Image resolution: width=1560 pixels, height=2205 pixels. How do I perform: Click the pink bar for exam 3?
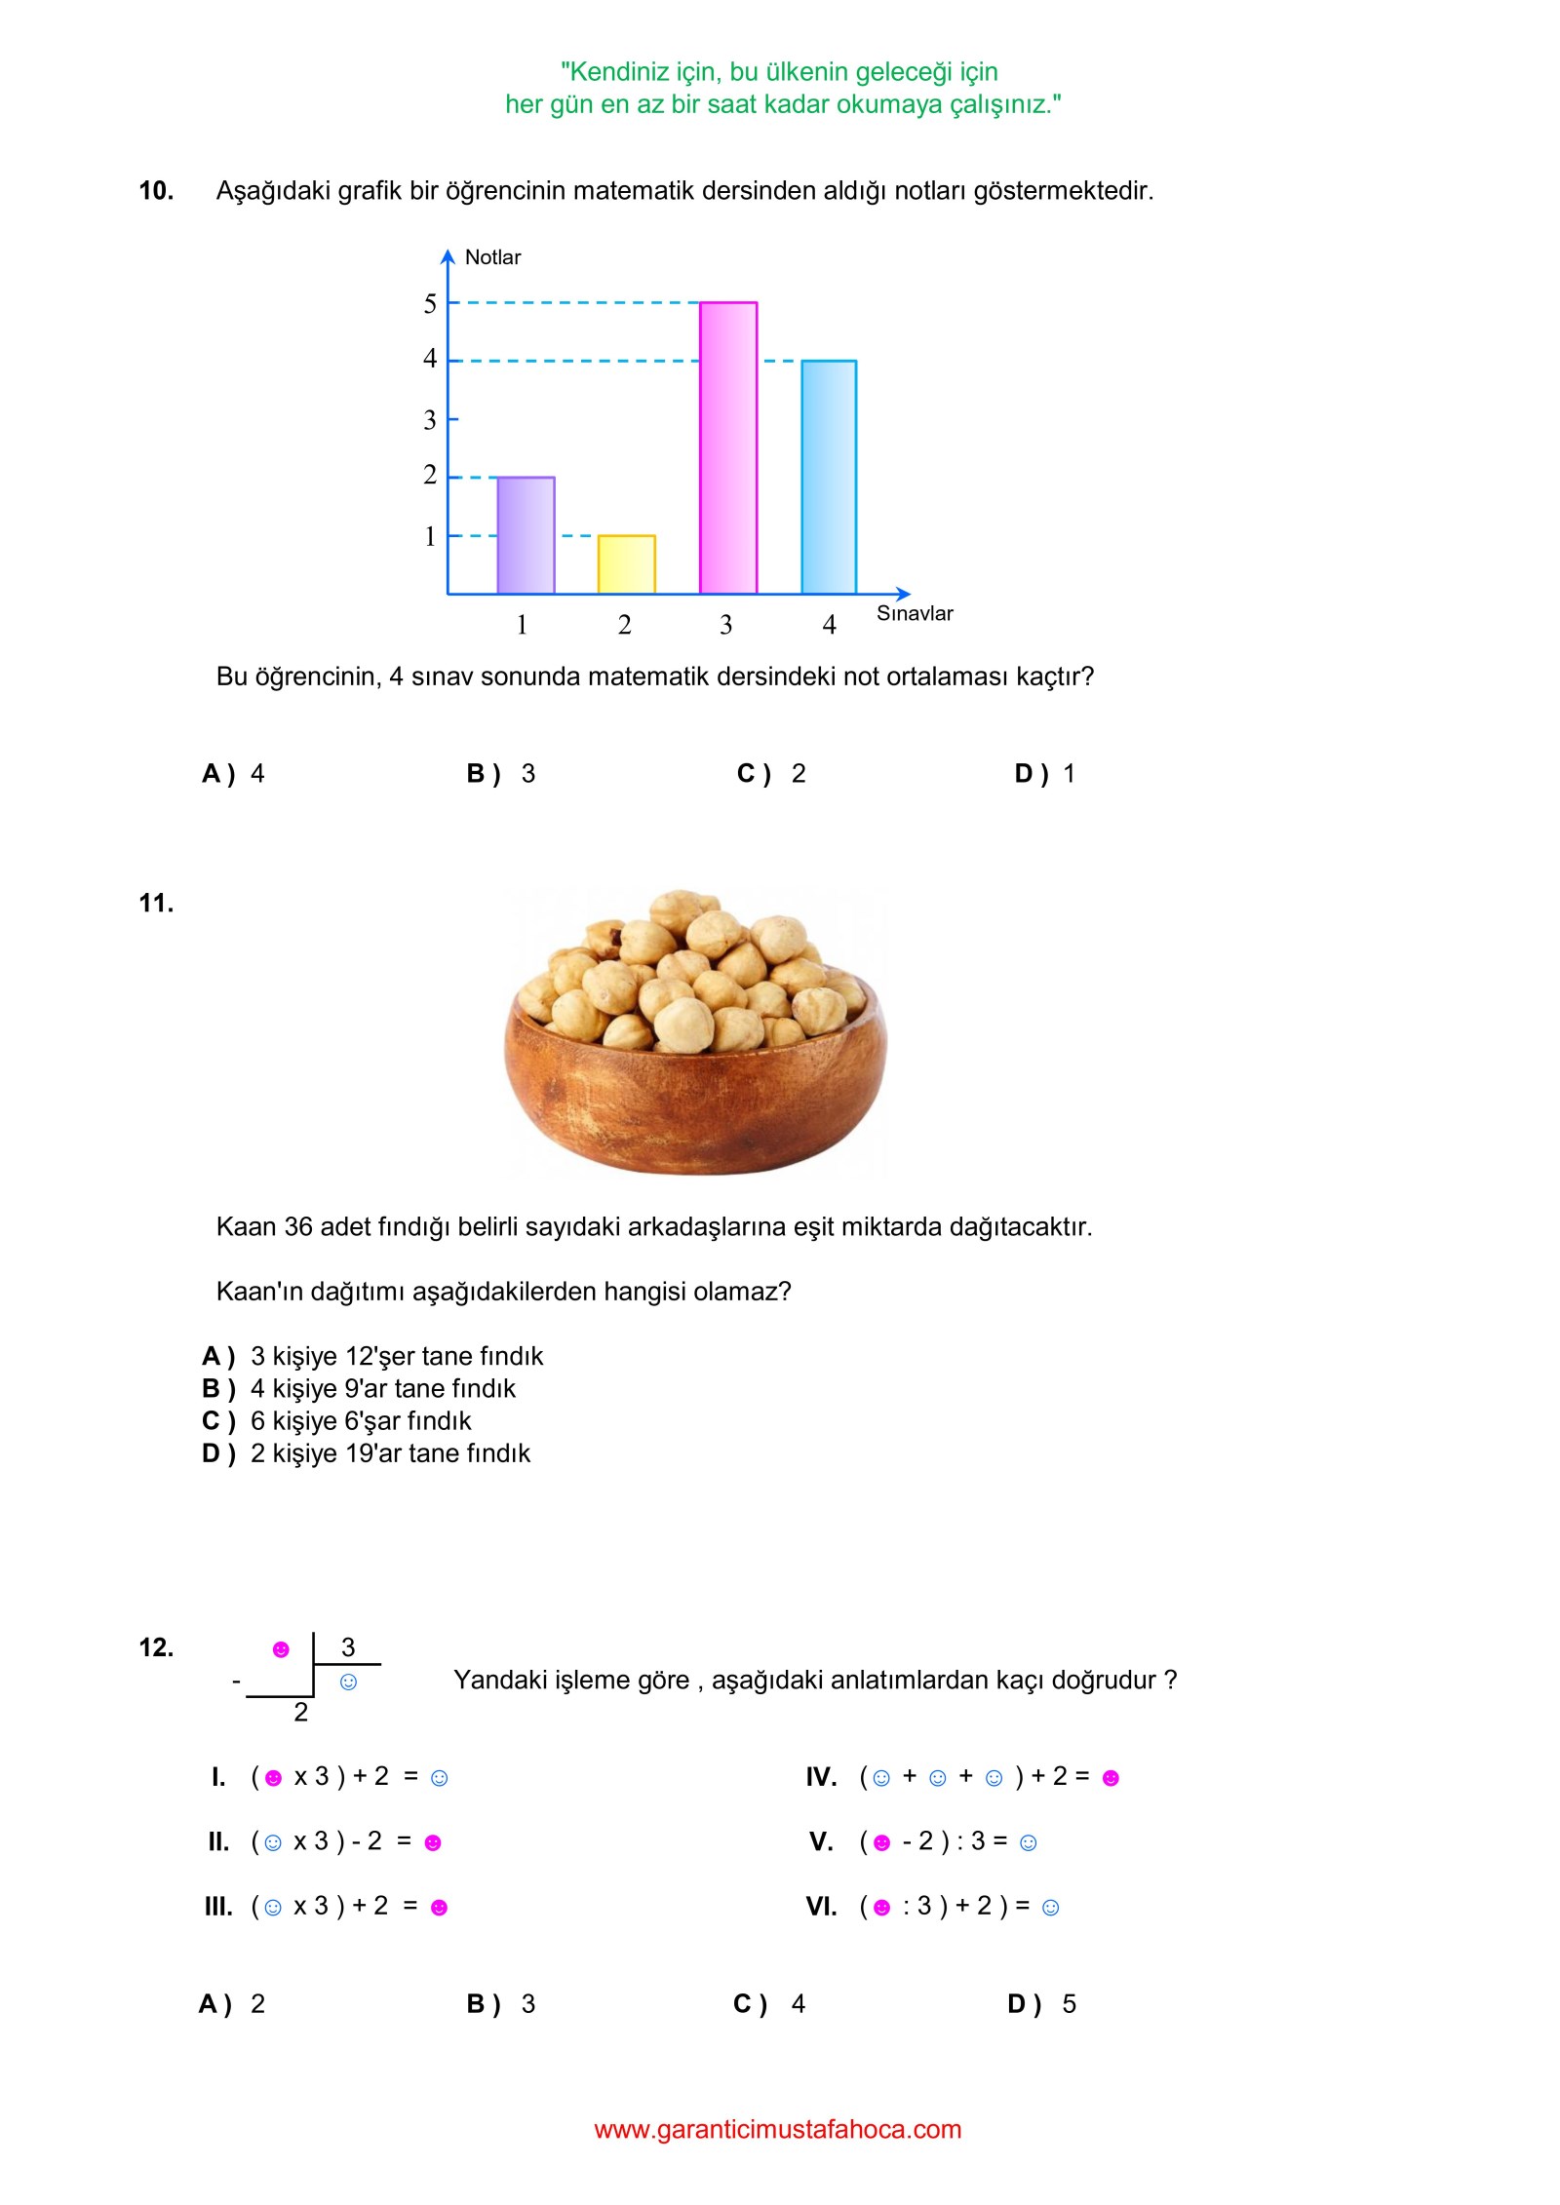727,447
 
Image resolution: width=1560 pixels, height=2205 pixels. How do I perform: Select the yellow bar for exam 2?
626,564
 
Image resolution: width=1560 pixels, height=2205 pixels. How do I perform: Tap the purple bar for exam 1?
526,535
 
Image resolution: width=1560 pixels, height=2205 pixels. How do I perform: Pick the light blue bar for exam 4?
829,477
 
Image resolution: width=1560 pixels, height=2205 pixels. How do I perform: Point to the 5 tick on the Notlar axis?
430,304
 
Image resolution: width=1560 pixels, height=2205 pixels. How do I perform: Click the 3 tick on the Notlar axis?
430,420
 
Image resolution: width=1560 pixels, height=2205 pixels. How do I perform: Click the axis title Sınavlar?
914,613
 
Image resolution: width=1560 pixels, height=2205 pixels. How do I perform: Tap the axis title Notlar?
492,257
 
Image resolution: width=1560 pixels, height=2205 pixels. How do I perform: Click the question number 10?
156,191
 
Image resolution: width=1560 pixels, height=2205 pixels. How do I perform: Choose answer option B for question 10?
500,774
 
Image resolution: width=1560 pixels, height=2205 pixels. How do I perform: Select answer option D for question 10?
1044,774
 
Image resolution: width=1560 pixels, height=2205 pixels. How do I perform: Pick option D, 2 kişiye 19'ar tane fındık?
366,1453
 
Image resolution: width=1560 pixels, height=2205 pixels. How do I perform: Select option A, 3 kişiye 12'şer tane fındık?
371,1356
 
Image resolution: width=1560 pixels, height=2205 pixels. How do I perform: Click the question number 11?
156,904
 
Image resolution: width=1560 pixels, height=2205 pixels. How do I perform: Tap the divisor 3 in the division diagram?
348,1647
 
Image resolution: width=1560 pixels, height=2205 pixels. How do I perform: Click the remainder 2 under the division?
301,1713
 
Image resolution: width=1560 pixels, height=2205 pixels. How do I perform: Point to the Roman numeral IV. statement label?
821,1777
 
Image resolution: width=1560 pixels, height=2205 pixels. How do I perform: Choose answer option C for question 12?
769,2004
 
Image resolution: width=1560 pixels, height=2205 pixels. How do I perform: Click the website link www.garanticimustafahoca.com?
777,2130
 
